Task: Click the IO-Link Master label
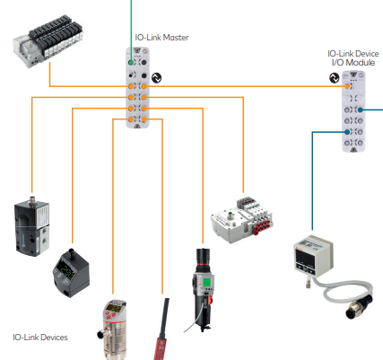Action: (x=161, y=38)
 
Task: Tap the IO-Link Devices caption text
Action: (x=40, y=338)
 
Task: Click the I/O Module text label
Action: (x=353, y=63)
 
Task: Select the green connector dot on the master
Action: (x=131, y=63)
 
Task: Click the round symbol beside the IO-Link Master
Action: (x=156, y=78)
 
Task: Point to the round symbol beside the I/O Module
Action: (x=335, y=78)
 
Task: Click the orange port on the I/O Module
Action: (x=347, y=86)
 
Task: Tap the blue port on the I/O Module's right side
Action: (x=361, y=110)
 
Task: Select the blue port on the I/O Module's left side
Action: (x=347, y=132)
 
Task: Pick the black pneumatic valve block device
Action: (x=32, y=228)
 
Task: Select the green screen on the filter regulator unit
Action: (x=207, y=282)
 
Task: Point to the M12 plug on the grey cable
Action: (x=360, y=306)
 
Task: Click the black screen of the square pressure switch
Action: (x=306, y=258)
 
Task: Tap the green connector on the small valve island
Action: (x=231, y=215)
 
